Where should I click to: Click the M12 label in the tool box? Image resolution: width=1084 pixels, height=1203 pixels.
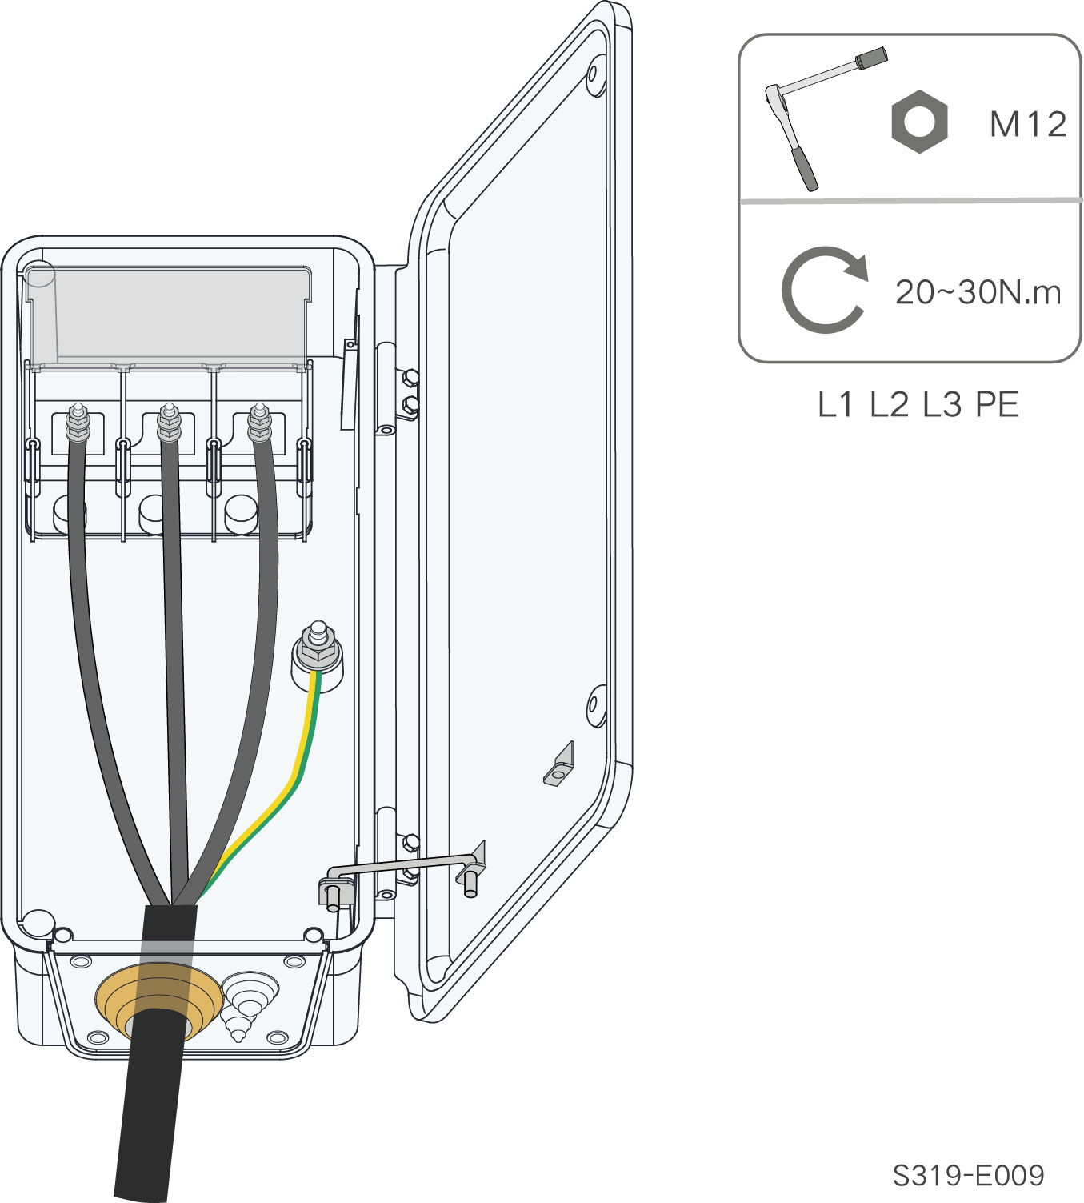pyautogui.click(x=1027, y=125)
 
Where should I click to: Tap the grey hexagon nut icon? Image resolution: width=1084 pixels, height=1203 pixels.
pyautogui.click(x=919, y=121)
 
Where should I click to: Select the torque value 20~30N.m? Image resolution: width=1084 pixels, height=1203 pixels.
pyautogui.click(x=978, y=292)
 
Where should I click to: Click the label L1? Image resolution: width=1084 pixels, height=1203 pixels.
pyautogui.click(x=835, y=404)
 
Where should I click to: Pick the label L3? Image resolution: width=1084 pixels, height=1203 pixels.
pyautogui.click(x=942, y=404)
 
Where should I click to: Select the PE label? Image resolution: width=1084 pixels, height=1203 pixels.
pyautogui.click(x=997, y=404)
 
